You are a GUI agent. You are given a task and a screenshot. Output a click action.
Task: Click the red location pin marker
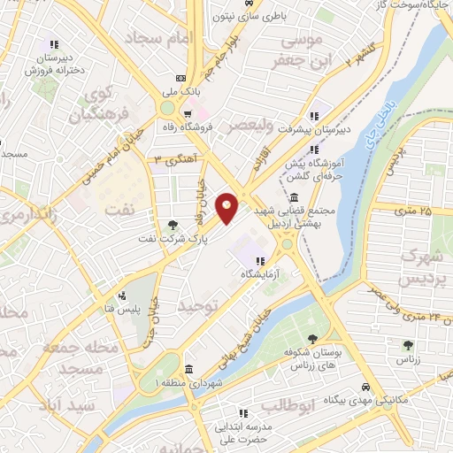point(227,208)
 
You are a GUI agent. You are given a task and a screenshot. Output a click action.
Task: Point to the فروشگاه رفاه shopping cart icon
point(187,113)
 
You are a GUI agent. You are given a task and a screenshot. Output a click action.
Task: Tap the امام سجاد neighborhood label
point(156,39)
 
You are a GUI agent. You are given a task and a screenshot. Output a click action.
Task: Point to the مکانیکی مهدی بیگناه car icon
point(365,388)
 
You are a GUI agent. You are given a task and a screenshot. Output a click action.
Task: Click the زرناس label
point(408,360)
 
